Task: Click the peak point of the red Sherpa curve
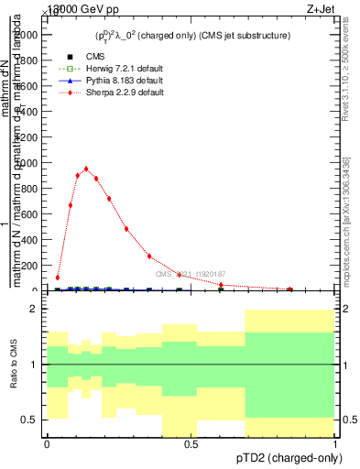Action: (x=86, y=169)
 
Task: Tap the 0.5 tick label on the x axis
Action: (x=191, y=443)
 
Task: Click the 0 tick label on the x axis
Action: (x=47, y=443)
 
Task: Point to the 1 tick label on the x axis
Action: (x=335, y=443)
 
